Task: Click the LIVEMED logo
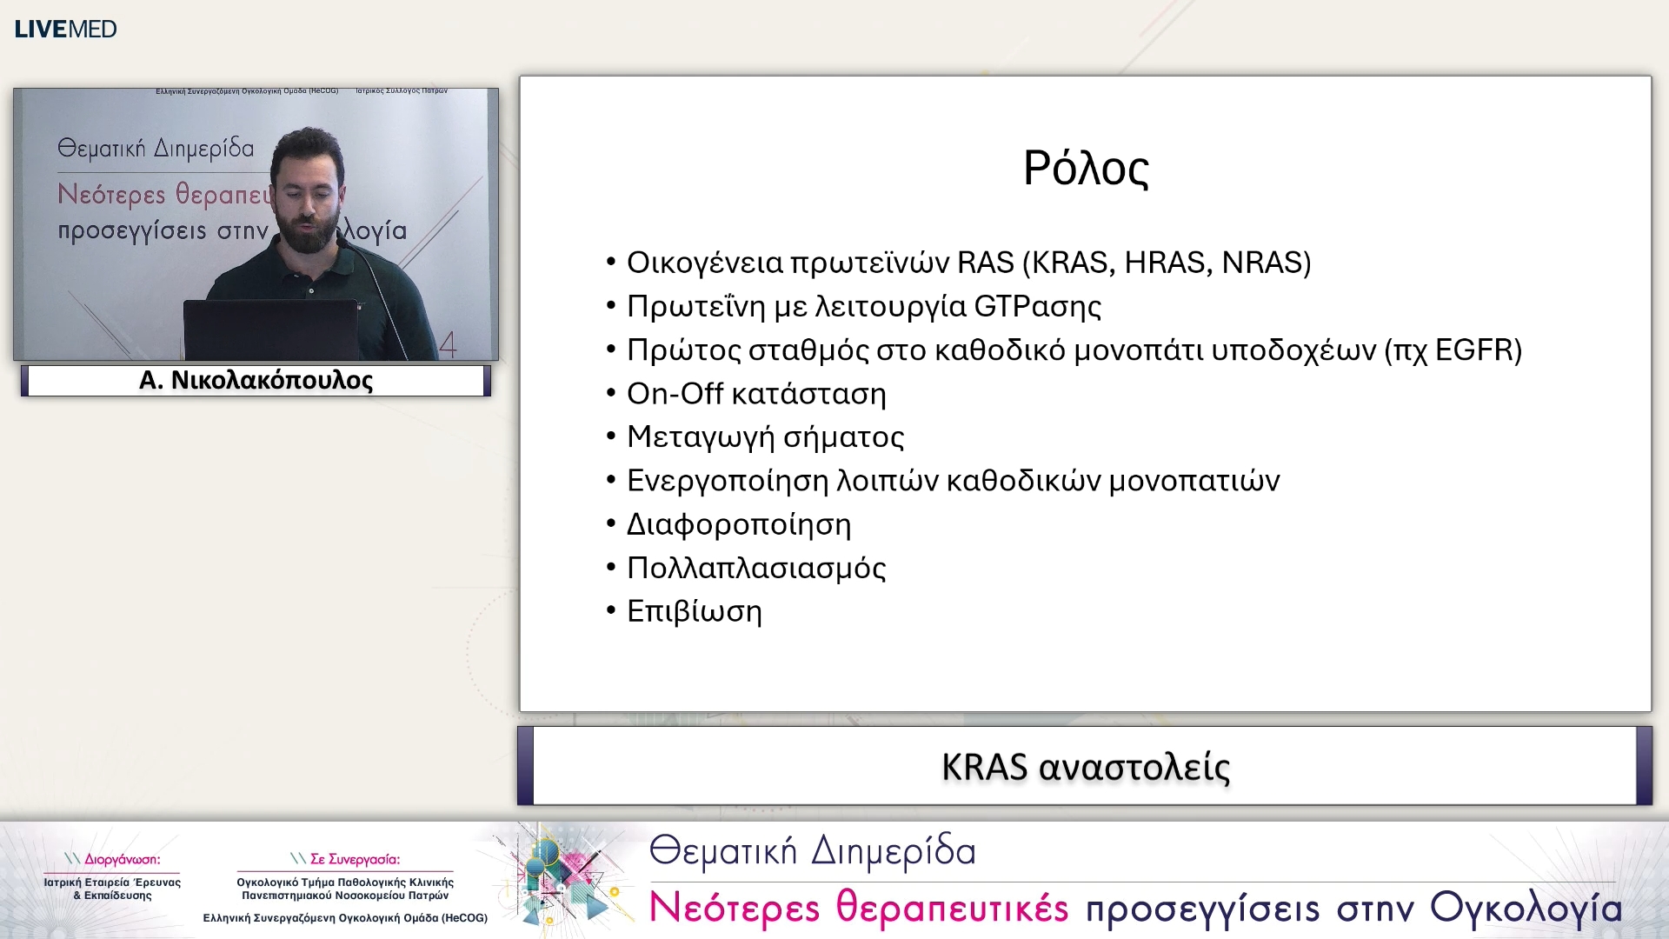pos(65,29)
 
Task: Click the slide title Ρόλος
pos(1085,169)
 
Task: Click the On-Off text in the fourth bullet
pos(675,394)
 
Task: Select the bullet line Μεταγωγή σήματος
pos(765,437)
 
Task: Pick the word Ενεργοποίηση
pos(727,481)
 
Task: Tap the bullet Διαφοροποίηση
pos(739,525)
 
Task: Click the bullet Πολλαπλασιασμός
pos(756,569)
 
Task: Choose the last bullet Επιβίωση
pos(694,612)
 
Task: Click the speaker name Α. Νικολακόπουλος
pos(256,381)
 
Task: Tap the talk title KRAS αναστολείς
pos(1085,767)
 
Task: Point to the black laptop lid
pos(269,330)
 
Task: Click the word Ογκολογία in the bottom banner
pos(1526,908)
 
